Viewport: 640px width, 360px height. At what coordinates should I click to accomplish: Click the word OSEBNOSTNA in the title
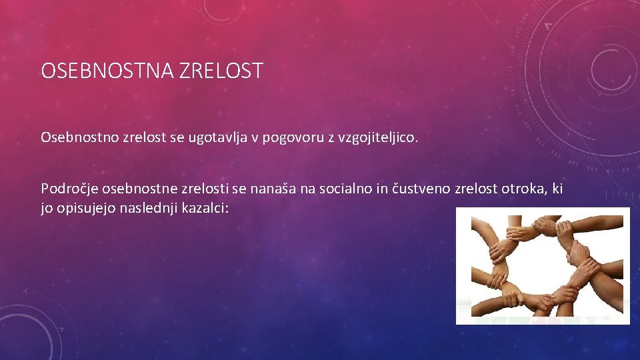(107, 71)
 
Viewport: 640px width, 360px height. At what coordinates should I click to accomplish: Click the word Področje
(66, 189)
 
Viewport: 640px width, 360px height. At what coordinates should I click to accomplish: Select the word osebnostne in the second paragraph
(136, 189)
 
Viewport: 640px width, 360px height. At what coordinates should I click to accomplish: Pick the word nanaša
(273, 189)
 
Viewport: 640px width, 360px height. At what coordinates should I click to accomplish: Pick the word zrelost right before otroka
(475, 189)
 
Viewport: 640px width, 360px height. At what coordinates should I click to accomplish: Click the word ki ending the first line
(557, 189)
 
